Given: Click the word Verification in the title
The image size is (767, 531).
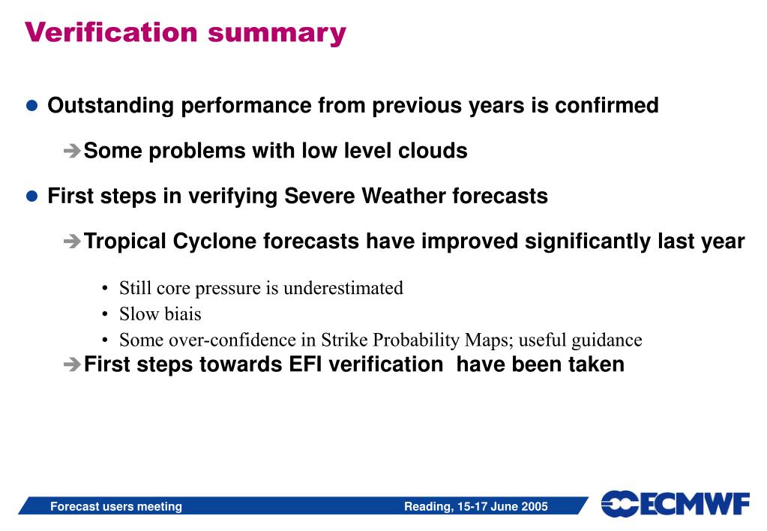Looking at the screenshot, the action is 111,32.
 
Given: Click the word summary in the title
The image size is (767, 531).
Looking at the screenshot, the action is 277,34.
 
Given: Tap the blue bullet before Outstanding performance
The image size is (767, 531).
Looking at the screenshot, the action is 31,106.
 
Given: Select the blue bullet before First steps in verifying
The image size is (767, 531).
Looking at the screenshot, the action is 31,196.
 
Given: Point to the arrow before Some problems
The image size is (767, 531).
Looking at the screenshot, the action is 72,150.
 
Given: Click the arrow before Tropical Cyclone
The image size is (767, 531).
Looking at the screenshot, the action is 72,241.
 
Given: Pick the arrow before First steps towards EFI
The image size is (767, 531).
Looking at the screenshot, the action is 72,364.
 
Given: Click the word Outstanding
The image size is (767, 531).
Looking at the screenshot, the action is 110,106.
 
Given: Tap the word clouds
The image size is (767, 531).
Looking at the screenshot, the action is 433,150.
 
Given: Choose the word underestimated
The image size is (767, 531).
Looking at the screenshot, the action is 343,288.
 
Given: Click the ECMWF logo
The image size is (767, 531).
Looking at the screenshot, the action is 675,503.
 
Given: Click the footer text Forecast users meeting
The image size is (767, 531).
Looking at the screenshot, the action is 116,506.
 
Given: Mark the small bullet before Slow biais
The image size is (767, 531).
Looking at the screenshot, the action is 105,314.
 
